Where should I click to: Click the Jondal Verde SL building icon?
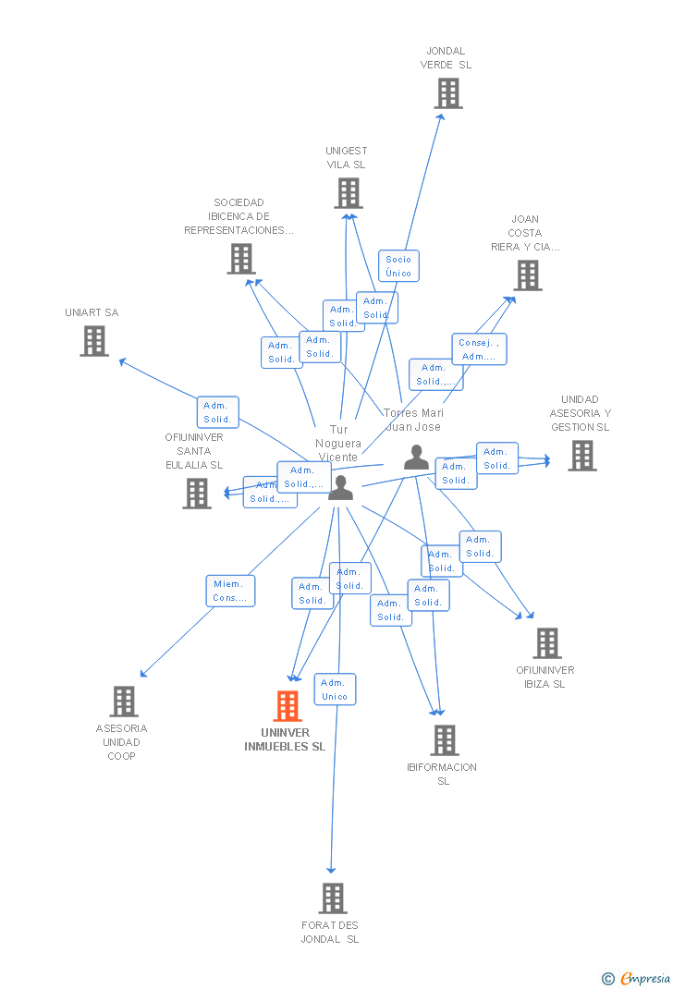tap(448, 93)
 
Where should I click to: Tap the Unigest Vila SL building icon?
tap(348, 193)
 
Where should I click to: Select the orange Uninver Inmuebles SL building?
tap(288, 706)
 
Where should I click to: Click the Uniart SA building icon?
tap(93, 341)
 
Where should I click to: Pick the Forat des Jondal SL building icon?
tap(332, 897)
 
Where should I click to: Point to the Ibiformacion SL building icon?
tap(445, 739)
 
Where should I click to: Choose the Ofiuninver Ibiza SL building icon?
tap(546, 643)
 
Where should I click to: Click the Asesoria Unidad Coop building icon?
tap(124, 702)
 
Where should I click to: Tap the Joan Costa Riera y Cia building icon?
tap(527, 275)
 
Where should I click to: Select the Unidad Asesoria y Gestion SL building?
tap(581, 456)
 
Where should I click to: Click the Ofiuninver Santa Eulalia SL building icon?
tap(196, 494)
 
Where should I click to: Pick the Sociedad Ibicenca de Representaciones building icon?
tap(241, 259)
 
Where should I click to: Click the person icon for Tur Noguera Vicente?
tap(340, 487)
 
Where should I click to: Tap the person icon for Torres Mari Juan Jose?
tap(416, 457)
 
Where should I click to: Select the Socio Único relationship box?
tap(398, 266)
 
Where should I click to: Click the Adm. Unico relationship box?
tap(335, 690)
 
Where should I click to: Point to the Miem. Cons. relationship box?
tap(230, 591)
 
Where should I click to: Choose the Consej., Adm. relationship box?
tap(479, 349)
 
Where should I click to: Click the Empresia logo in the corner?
tap(637, 978)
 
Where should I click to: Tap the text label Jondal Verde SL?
tap(446, 58)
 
